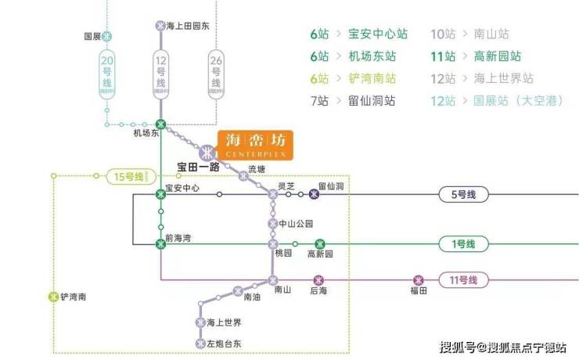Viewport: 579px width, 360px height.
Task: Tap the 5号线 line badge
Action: coord(463,195)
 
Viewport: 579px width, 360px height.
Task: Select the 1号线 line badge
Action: coord(463,244)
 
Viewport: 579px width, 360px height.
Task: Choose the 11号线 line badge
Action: coord(466,279)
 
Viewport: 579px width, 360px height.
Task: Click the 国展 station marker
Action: coord(107,36)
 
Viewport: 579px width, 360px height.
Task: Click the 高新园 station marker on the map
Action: coord(320,244)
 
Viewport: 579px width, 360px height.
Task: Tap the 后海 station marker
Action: coord(318,280)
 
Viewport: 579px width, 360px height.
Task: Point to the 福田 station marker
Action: coord(419,280)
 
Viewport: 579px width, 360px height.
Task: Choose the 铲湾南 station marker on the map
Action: coord(53,297)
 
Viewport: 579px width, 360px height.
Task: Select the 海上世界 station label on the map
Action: coord(224,323)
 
